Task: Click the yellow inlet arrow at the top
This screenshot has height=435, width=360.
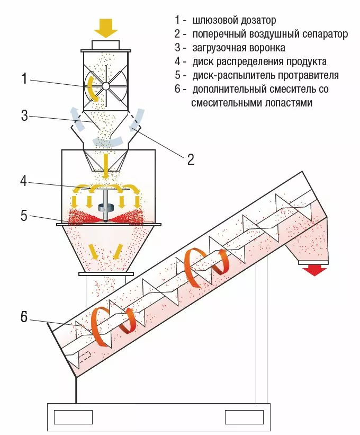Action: pos(106,27)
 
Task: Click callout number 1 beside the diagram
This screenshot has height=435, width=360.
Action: pos(24,79)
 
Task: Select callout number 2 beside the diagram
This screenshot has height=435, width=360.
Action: pos(191,159)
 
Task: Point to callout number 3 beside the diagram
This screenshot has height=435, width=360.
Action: pos(24,116)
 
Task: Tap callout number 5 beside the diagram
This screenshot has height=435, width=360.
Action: pos(24,216)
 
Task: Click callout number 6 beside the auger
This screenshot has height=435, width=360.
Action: pos(23,318)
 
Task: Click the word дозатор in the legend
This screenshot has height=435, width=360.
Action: pos(257,21)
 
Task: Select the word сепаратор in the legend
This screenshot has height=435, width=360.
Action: pos(323,34)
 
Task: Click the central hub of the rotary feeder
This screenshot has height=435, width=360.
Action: pos(105,86)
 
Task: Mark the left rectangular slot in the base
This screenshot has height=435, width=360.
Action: pos(73,417)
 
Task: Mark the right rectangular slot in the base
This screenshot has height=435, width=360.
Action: pos(244,417)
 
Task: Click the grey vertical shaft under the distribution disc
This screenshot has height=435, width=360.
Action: pos(106,205)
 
